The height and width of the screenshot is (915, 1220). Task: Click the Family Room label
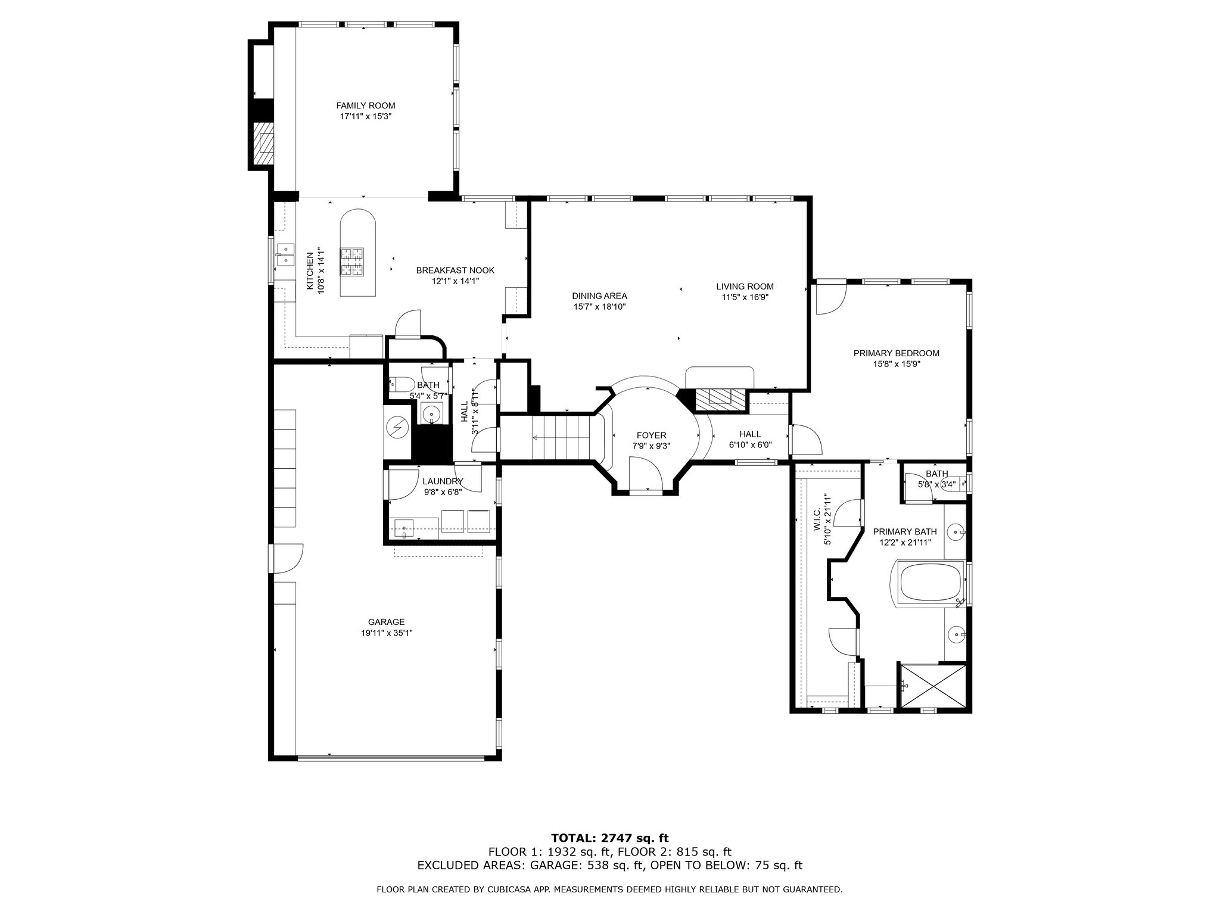tap(365, 105)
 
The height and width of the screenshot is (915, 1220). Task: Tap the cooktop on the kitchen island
tap(351, 262)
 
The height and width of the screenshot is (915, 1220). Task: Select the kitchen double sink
tap(285, 254)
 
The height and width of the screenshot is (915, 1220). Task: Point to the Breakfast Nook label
tap(455, 270)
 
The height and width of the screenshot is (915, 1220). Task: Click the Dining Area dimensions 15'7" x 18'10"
tap(599, 307)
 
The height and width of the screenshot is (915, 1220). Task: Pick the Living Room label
tap(745, 287)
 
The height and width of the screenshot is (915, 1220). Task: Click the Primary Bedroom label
tap(896, 353)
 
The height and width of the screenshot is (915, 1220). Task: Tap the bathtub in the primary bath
tap(930, 584)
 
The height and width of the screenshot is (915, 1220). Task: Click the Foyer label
tap(651, 435)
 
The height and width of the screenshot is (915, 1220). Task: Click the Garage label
tap(386, 622)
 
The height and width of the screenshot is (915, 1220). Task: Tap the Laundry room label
tap(443, 481)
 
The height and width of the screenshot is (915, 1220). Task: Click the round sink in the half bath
tap(431, 412)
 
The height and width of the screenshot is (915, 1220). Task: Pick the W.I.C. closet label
tap(817, 519)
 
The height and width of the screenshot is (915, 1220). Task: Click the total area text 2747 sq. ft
tap(635, 839)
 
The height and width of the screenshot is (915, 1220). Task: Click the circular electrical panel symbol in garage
tap(396, 426)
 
